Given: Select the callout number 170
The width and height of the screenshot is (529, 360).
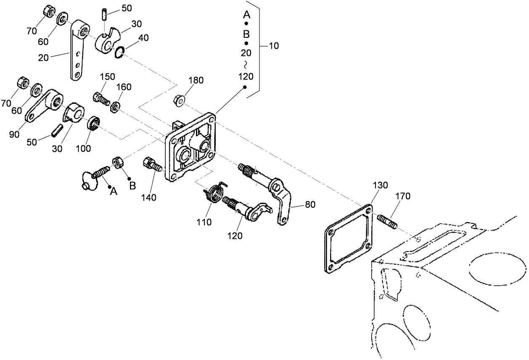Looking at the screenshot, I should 402,196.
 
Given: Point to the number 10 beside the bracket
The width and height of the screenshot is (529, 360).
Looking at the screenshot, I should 273,46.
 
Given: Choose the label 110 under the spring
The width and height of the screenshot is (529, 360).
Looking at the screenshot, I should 205,222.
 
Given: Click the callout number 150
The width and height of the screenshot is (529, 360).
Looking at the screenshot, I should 107,77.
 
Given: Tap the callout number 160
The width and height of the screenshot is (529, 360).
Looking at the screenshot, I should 124,87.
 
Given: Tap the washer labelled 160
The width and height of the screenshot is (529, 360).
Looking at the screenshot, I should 114,108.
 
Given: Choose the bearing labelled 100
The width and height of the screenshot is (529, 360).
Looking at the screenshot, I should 93,123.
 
